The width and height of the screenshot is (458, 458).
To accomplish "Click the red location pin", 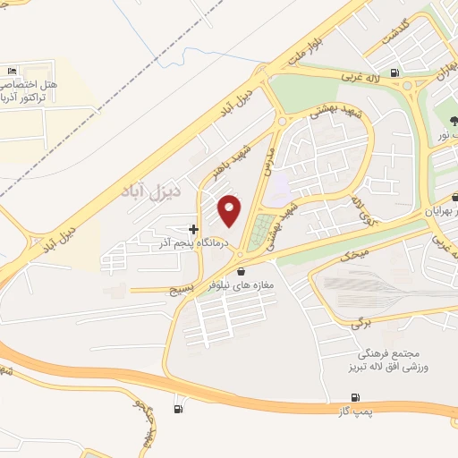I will tap(231, 211).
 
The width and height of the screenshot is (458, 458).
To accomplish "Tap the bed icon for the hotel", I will tap(12, 71).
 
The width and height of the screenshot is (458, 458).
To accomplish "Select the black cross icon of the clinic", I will tap(193, 229).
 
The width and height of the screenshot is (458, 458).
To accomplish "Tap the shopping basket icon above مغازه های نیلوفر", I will tap(240, 271).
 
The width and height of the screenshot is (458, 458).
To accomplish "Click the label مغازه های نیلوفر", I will tap(241, 284).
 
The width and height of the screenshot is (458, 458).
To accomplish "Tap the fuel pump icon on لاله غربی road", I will tap(394, 74).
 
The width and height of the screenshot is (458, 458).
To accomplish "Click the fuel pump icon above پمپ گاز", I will tap(355, 397).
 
